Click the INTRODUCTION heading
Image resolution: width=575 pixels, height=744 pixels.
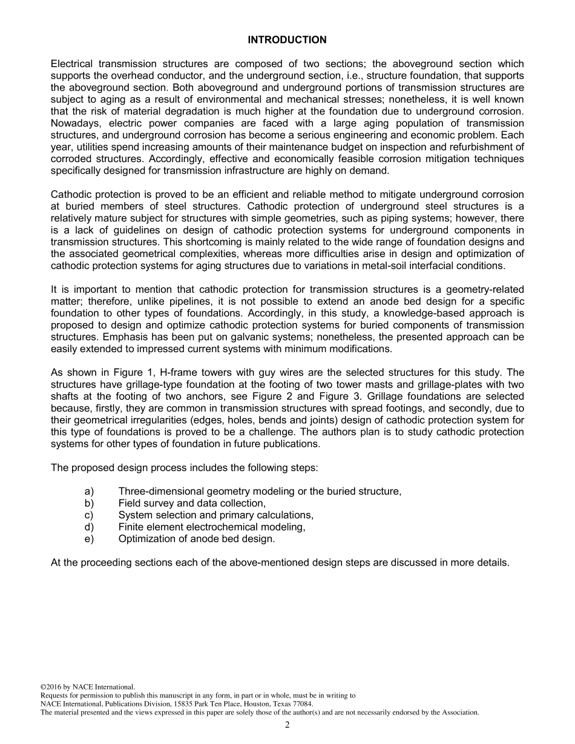click(x=287, y=40)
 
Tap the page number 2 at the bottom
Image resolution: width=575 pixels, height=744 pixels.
click(x=287, y=725)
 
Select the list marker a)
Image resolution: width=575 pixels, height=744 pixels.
click(x=89, y=492)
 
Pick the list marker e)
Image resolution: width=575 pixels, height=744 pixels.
click(x=89, y=538)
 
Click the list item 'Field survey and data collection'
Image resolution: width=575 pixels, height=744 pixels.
click(x=192, y=503)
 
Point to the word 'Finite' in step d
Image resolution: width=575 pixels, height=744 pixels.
click(x=131, y=527)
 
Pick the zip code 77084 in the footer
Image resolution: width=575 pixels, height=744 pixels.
click(x=301, y=704)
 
